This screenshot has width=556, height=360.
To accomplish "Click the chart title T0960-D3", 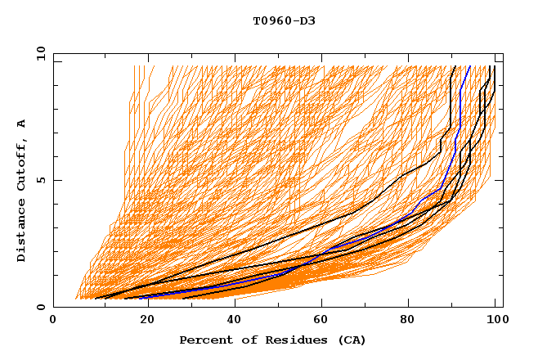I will pyautogui.click(x=284, y=20).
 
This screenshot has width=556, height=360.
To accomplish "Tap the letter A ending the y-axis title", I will pyautogui.click(x=21, y=123).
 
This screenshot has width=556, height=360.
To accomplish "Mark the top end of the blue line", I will pyautogui.click(x=469, y=66).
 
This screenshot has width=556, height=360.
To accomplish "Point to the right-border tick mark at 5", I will pyautogui.click(x=500, y=180).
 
